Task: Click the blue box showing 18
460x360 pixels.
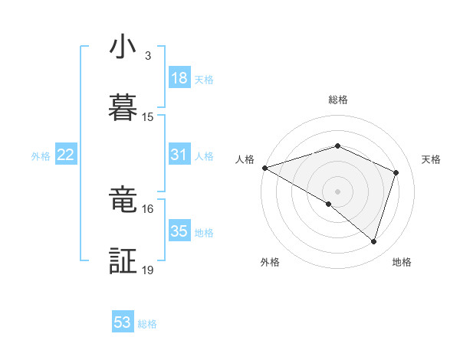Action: point(179,78)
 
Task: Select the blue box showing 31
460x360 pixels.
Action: point(179,155)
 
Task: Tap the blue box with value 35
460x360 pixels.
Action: point(179,231)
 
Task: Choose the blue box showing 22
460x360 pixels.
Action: point(66,155)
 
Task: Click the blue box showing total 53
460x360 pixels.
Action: point(123,322)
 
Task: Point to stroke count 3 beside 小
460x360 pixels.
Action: point(148,56)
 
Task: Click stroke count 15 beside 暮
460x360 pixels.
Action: point(148,117)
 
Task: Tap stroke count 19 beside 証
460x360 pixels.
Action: point(148,270)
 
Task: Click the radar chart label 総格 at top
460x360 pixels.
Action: point(337,100)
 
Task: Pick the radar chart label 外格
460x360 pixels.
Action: point(270,262)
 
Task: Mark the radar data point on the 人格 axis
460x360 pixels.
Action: point(264,168)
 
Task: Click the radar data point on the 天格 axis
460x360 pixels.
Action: point(396,172)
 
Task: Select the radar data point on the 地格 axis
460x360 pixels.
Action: point(374,242)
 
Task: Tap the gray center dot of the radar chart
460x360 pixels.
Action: point(337,191)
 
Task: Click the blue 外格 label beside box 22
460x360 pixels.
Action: point(41,155)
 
